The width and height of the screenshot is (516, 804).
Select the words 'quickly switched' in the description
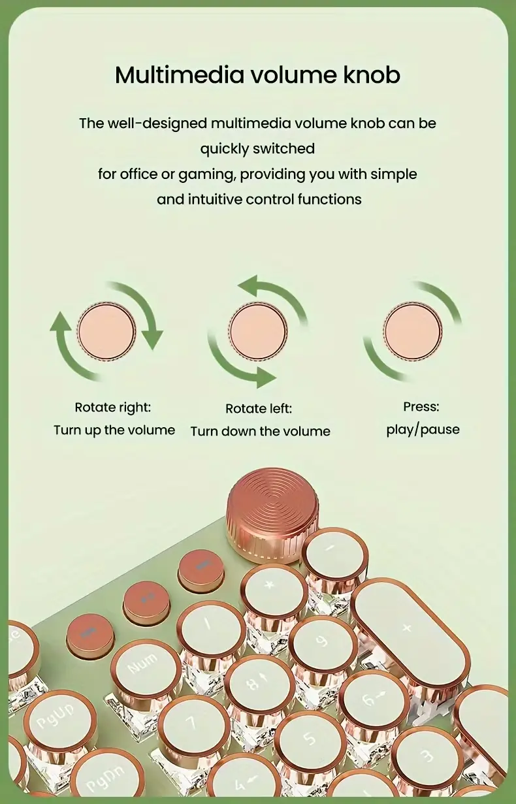pos(257,148)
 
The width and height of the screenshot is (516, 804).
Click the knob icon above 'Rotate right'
pos(106,330)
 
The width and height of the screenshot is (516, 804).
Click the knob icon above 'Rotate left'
pos(258,330)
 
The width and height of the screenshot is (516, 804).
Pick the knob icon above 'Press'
pos(412,330)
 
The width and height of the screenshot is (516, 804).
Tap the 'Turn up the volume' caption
pos(114,430)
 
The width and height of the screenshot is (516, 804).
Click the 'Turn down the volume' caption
pos(260,431)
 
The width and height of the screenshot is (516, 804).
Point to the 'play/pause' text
pos(423,430)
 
